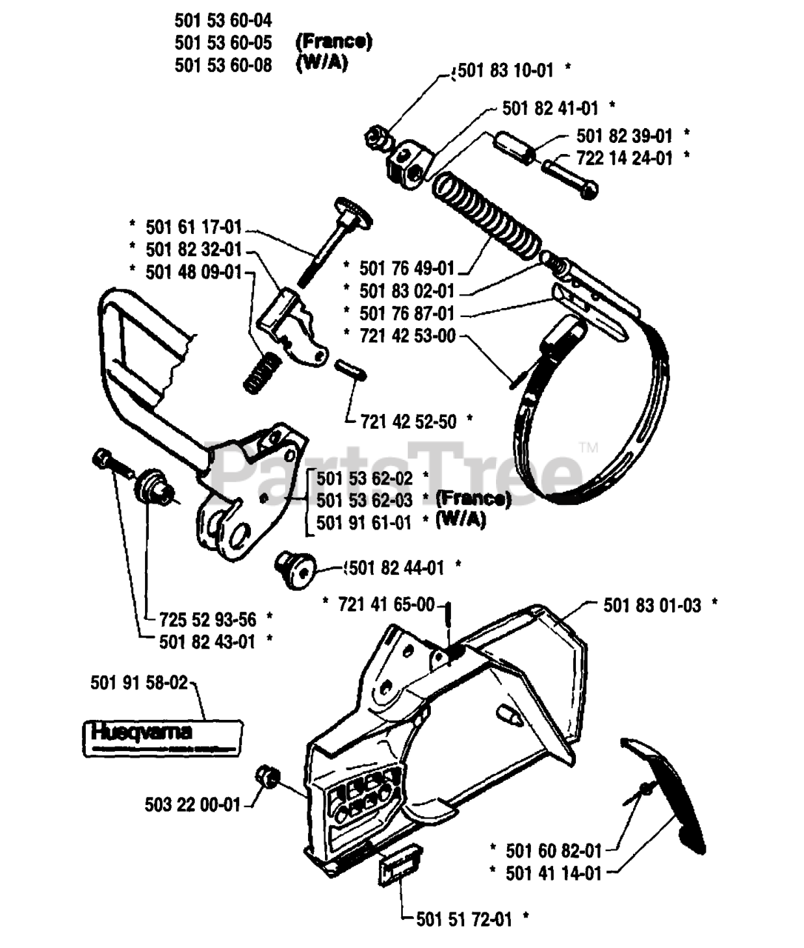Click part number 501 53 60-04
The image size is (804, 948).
tap(223, 21)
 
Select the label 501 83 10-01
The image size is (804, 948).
tap(506, 70)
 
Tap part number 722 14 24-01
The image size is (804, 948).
tap(625, 158)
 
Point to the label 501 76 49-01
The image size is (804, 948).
tap(407, 267)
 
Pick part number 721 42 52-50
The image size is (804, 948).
tap(408, 421)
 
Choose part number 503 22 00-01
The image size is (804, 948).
tap(192, 804)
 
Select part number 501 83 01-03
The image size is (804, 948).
tap(651, 605)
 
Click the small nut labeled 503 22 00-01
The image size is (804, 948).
tap(266, 778)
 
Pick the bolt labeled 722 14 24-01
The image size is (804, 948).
tap(569, 176)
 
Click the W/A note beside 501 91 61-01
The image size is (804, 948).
tap(460, 521)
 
